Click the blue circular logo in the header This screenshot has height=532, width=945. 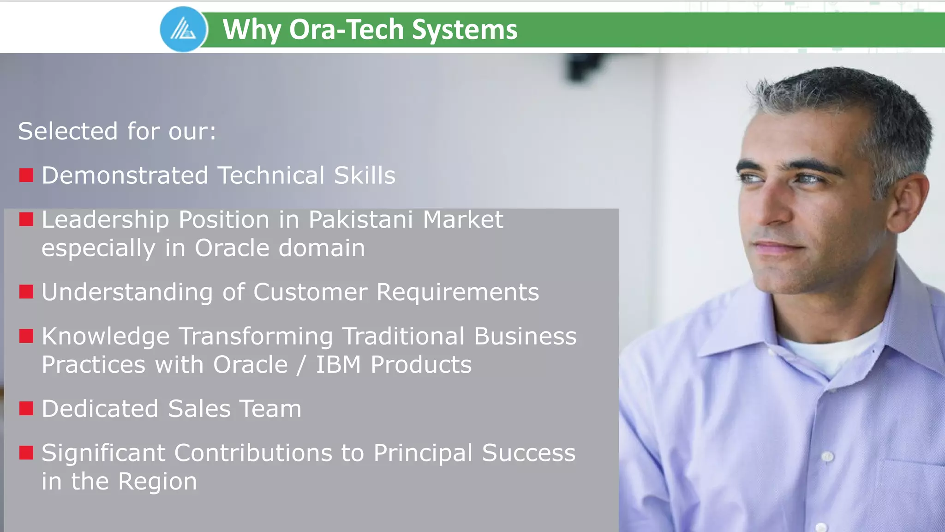click(x=184, y=29)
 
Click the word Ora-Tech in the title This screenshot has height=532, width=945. click(x=347, y=30)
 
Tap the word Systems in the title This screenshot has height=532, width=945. click(x=464, y=30)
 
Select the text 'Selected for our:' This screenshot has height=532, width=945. click(x=117, y=131)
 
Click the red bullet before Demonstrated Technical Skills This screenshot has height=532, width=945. click(x=26, y=175)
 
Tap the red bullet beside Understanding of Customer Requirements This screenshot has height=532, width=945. click(x=26, y=292)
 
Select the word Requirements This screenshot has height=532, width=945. click(x=457, y=292)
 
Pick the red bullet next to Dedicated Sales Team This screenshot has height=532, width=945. click(x=26, y=409)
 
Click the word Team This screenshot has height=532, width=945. click(x=270, y=409)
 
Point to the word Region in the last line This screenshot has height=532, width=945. click(x=157, y=481)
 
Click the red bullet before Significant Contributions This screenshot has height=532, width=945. click(x=26, y=453)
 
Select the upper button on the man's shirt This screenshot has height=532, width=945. click(x=827, y=457)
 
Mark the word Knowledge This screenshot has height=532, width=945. click(x=106, y=336)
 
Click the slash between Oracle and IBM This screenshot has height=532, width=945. click(x=301, y=365)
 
